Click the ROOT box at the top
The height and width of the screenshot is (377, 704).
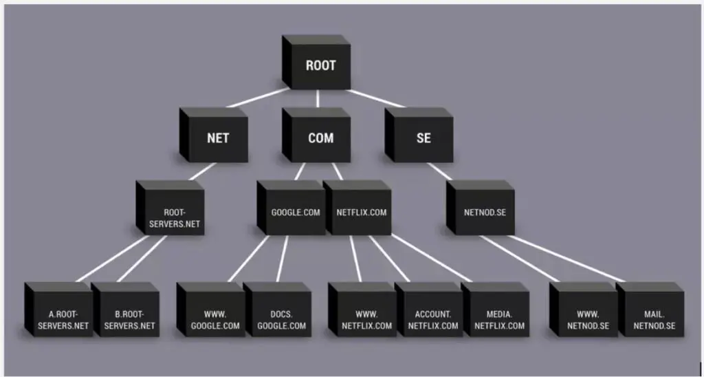(320, 66)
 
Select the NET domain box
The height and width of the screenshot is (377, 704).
(217, 138)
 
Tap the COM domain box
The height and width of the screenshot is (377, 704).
(320, 138)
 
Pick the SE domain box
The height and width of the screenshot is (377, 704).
(423, 138)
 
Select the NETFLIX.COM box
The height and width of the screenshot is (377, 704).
(361, 212)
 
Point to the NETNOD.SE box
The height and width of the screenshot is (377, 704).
(485, 212)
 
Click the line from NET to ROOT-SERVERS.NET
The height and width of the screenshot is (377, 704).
(201, 170)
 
